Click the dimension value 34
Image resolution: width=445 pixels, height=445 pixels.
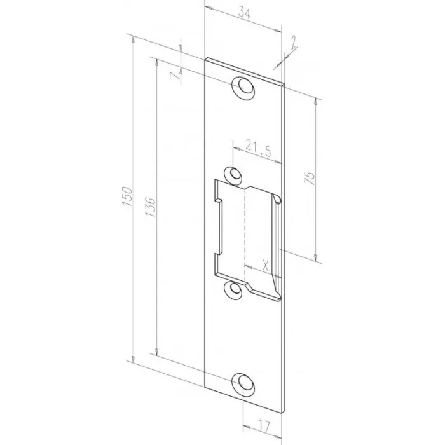click(244, 13)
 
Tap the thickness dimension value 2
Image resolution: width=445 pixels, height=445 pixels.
click(293, 41)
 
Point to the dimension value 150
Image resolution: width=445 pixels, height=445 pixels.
click(127, 196)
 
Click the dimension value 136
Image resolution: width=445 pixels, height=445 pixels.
click(151, 207)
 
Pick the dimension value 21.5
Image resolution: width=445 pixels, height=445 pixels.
click(258, 148)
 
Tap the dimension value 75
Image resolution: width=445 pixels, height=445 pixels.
click(310, 178)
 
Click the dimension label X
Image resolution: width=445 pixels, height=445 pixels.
click(265, 266)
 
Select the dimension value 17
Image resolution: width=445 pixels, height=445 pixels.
click(264, 425)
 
